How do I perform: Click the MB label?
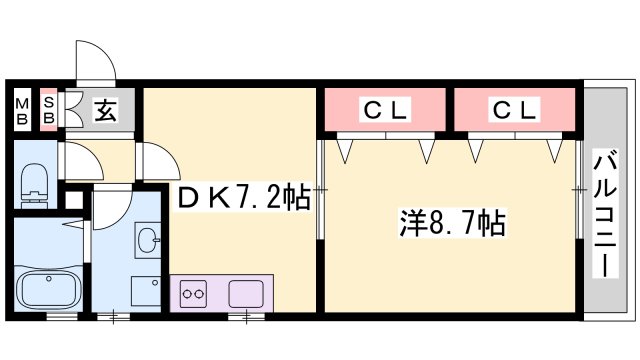(x=21, y=108)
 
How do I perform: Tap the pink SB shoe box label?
(x=48, y=108)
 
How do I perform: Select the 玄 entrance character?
(x=104, y=110)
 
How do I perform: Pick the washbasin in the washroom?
(x=148, y=241)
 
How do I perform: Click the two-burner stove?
(x=192, y=295)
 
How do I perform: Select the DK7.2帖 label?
(x=243, y=198)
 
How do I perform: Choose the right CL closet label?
(x=514, y=108)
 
